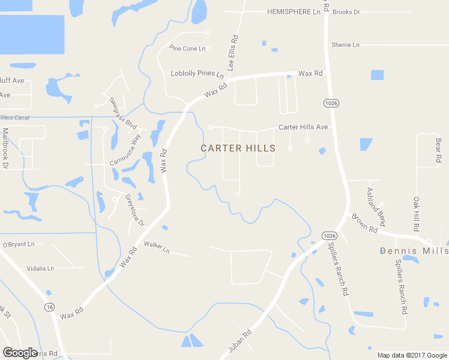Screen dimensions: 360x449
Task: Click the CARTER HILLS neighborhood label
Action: pos(238,148)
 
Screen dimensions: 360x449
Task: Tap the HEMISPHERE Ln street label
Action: pos(294,11)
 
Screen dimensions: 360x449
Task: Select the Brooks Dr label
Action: pos(346,11)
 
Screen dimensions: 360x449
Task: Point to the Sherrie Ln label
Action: pos(345,45)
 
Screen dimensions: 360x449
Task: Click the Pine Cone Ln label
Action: pos(187,48)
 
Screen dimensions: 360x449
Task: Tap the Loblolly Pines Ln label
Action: pos(197,74)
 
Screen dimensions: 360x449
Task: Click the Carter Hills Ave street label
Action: pos(303,127)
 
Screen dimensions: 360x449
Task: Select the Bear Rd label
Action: pos(438,151)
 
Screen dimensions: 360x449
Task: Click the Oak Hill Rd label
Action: pos(415,214)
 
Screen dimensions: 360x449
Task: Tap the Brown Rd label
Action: pos(364,223)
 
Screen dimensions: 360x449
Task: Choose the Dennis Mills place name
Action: pos(414,251)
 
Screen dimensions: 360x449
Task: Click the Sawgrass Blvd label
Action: pos(122,112)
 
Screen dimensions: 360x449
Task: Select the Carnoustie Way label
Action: pos(125,151)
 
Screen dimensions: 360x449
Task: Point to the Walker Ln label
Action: pos(157,246)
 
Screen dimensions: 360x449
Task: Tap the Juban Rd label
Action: pos(238,340)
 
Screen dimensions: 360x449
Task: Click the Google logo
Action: pos(20,352)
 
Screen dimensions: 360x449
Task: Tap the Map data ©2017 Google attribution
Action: pos(412,355)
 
